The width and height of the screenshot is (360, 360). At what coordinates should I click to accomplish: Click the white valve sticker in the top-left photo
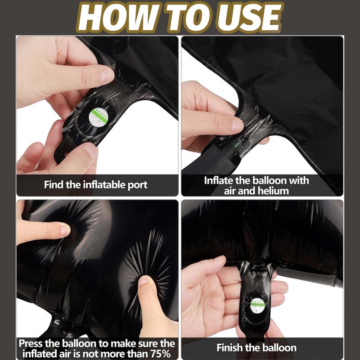pos(99,117)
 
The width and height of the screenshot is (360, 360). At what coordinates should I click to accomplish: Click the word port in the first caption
pos(137,185)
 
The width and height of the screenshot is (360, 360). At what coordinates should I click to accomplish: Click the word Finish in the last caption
pos(229,347)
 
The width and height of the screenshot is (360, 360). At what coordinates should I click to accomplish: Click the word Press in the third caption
pos(31,344)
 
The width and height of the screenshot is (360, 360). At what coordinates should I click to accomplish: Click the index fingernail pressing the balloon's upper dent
pos(65,230)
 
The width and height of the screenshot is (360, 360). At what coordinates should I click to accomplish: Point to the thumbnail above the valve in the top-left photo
pos(107,75)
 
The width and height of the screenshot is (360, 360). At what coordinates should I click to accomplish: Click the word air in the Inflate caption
pos(230,191)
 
